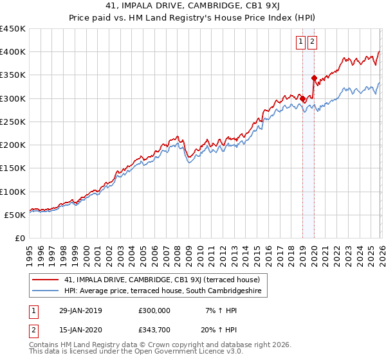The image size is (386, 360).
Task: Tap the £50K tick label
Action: tap(15, 215)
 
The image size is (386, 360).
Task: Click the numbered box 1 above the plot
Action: tap(300, 42)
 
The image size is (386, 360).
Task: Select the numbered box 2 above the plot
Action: tap(313, 42)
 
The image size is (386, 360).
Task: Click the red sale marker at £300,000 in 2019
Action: tap(302, 98)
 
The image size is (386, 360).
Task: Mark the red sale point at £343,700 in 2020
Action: tap(314, 78)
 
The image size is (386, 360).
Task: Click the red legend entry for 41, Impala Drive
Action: tap(161, 280)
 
